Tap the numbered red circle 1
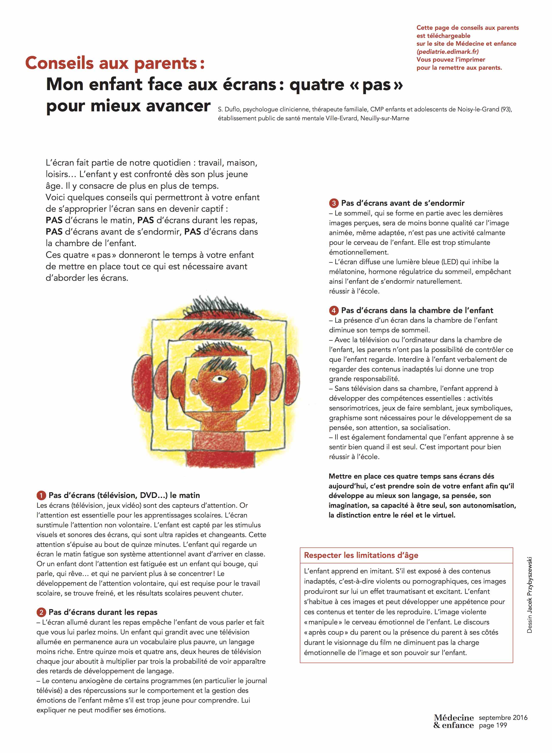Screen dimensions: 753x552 41,495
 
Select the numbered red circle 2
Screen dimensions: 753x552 41,612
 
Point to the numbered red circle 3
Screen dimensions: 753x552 333,203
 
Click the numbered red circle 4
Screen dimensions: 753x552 333,311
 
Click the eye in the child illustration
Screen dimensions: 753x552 219,379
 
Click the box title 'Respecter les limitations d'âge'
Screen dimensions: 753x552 361,555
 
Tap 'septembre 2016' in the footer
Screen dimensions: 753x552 503,717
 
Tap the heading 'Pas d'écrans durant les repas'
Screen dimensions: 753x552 103,612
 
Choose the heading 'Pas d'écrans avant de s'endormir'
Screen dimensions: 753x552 403,203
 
